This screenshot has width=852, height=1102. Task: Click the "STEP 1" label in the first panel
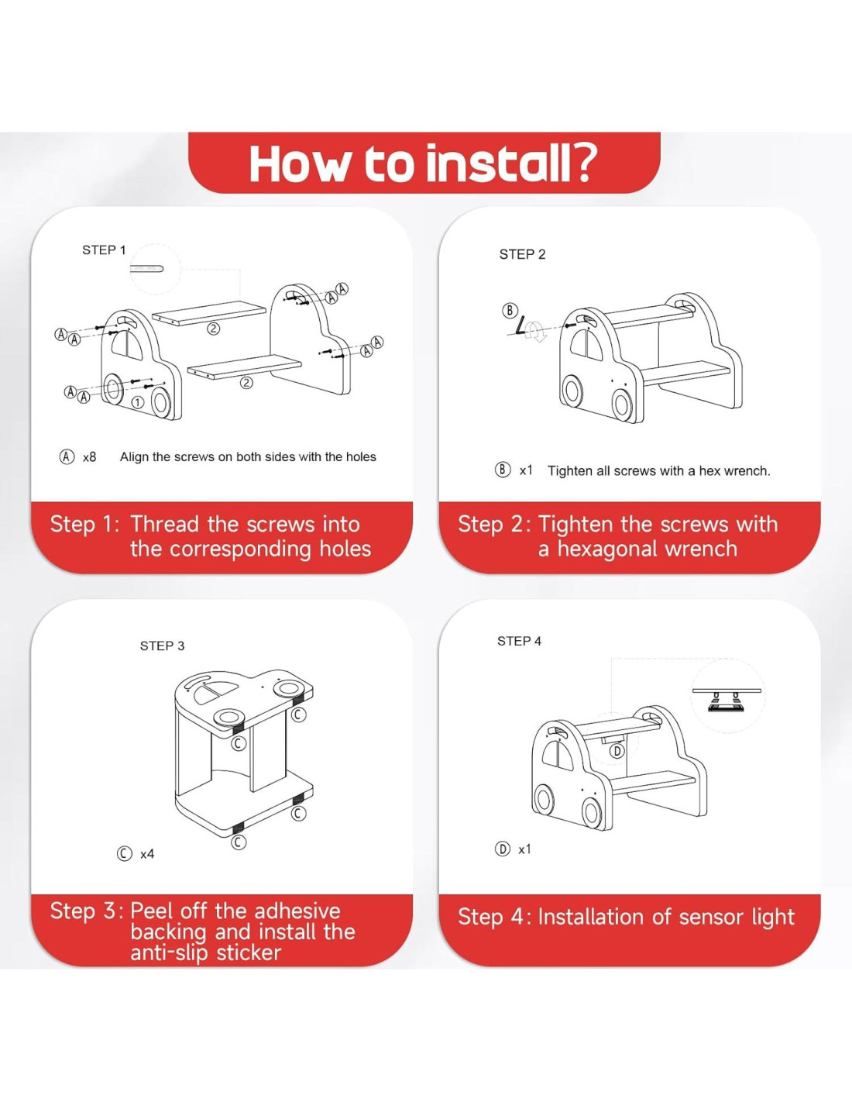click(x=104, y=250)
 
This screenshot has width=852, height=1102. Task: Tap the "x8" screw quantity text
click(x=89, y=457)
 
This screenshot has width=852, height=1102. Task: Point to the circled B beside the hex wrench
click(x=510, y=310)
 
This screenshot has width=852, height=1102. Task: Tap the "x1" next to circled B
click(x=526, y=470)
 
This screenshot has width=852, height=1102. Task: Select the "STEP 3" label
click(x=162, y=646)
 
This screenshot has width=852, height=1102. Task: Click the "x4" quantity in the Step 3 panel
click(x=147, y=855)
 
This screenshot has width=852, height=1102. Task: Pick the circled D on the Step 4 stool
click(x=617, y=751)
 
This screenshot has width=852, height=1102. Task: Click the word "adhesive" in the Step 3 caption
click(x=297, y=911)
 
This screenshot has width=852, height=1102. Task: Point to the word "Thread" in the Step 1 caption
click(x=165, y=525)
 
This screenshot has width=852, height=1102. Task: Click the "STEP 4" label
click(x=519, y=642)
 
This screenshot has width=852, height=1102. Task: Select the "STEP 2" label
click(x=523, y=255)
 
